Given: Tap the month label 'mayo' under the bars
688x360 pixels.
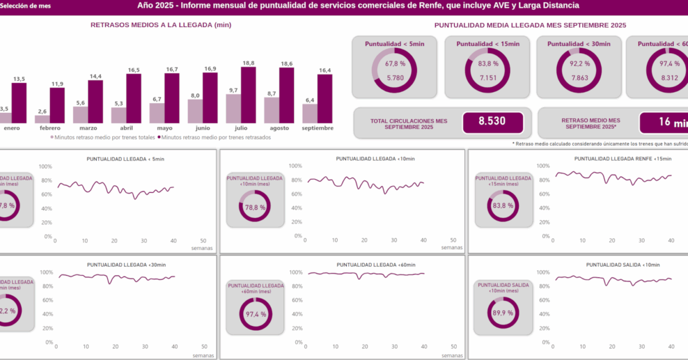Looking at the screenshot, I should [165, 128].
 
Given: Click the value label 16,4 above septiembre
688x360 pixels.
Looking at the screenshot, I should [325, 71].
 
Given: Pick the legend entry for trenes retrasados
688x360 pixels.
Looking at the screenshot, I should [216, 138].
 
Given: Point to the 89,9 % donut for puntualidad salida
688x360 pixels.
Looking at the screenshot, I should [503, 313].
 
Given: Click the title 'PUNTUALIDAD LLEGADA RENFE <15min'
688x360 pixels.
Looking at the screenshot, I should [621, 158].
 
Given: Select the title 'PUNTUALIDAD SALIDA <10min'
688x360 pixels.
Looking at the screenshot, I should [623, 265].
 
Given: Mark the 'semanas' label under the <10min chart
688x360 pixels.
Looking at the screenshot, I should [451, 248].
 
